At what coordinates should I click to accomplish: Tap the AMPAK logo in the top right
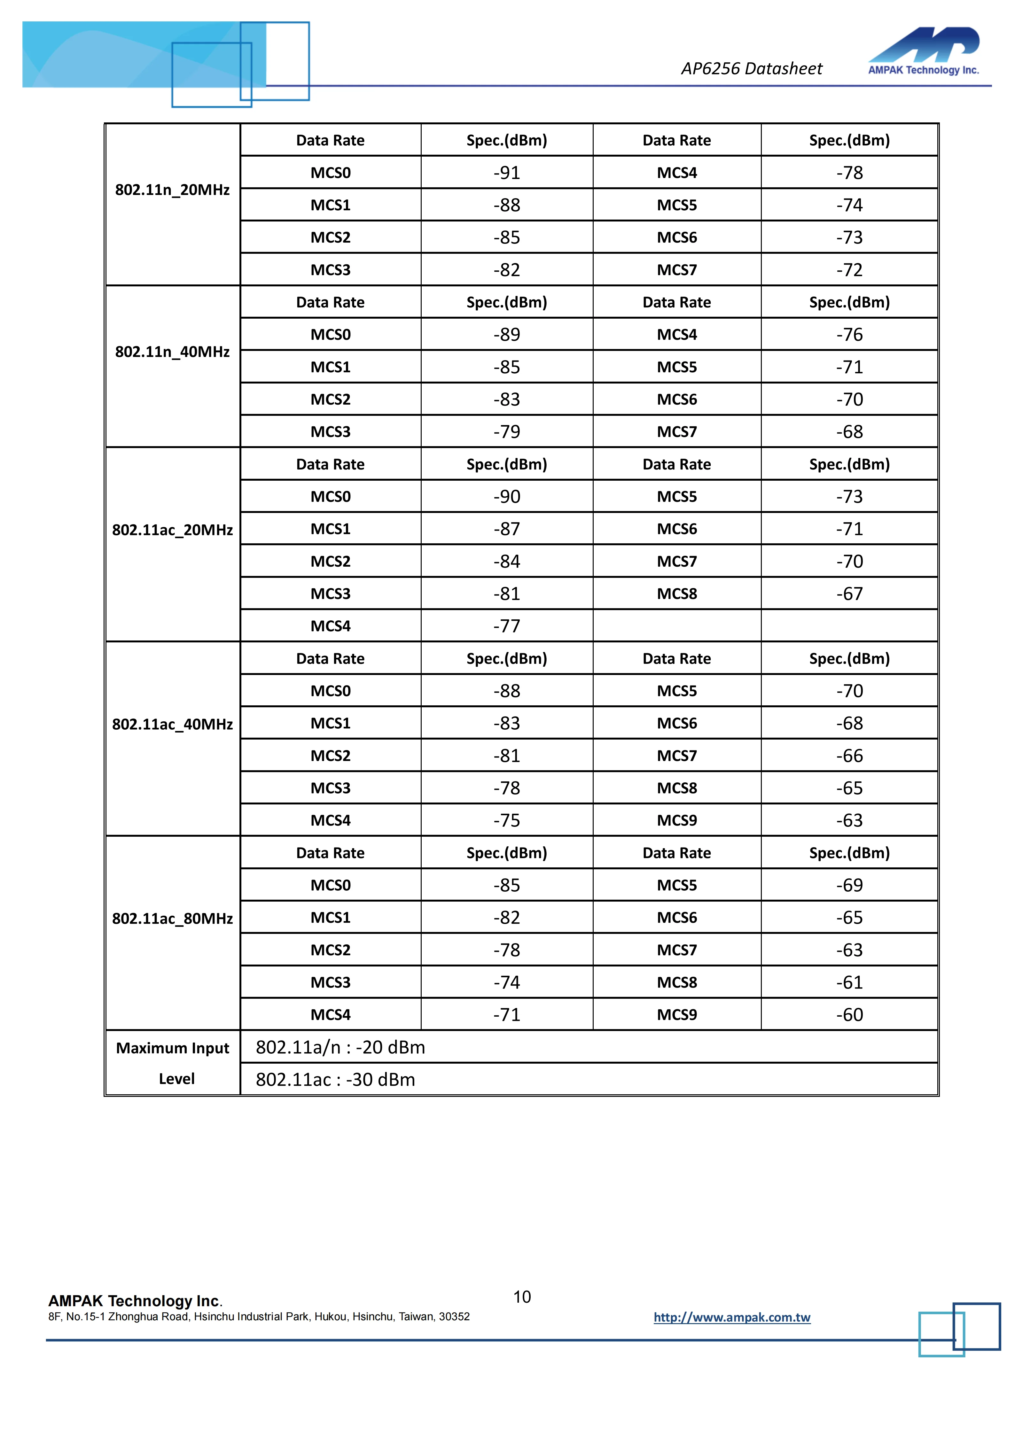point(923,51)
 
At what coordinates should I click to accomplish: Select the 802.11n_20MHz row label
point(173,190)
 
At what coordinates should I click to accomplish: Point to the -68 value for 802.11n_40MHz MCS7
point(849,432)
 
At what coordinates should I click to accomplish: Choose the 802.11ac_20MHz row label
point(173,530)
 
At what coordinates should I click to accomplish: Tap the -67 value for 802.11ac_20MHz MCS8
point(849,594)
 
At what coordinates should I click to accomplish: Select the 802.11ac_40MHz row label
point(173,725)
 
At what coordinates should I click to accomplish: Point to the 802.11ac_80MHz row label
point(173,919)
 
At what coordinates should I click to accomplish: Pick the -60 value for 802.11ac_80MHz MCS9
point(849,1015)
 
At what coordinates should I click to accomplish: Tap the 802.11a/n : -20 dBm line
point(341,1048)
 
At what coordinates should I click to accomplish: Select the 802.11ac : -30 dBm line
point(336,1080)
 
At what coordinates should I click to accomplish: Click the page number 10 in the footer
point(522,1297)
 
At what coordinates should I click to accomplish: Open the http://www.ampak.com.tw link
point(732,1317)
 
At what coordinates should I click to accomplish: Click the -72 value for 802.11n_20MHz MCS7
point(849,270)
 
